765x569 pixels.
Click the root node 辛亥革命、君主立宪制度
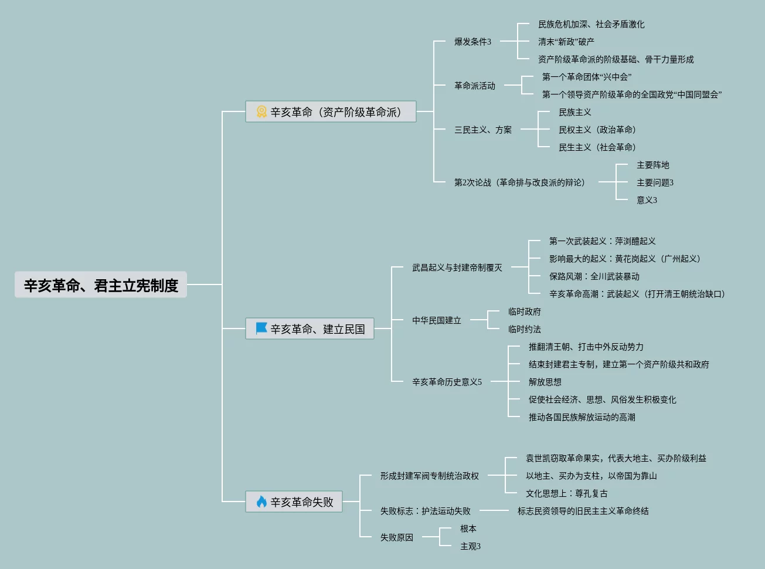(x=101, y=285)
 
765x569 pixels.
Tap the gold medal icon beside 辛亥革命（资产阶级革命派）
(x=261, y=111)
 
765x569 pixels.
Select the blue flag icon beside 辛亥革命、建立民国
(x=261, y=328)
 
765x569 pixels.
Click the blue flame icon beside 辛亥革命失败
(x=261, y=502)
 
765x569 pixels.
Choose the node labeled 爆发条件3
(x=472, y=42)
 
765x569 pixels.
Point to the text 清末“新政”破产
(x=566, y=42)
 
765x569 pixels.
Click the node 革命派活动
(x=474, y=86)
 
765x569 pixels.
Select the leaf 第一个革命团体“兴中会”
(x=586, y=77)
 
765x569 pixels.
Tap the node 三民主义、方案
(x=482, y=130)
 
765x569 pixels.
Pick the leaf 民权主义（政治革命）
(x=597, y=130)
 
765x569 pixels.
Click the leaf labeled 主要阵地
(x=652, y=165)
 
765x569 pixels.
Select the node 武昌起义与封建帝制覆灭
(x=457, y=267)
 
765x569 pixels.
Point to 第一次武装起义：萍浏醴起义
(x=602, y=241)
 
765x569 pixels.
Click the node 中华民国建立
(x=436, y=320)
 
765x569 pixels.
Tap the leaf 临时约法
(x=524, y=329)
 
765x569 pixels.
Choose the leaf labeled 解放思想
(x=545, y=382)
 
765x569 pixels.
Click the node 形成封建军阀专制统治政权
(x=429, y=476)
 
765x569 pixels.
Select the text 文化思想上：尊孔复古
(x=566, y=493)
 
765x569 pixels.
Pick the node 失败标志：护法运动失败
(x=425, y=511)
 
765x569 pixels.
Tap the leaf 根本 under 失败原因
(x=468, y=529)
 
